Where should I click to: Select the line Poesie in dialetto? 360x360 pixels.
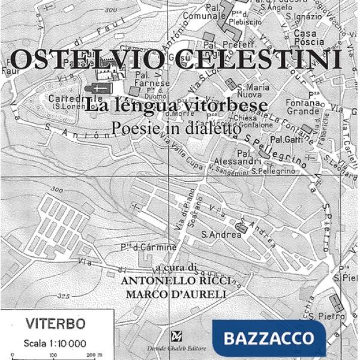click(176, 127)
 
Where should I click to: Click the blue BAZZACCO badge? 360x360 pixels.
click(268, 338)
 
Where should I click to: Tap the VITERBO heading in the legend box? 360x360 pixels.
click(55, 325)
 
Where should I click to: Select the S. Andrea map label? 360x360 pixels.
click(221, 235)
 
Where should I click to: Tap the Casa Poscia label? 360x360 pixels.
click(309, 38)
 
